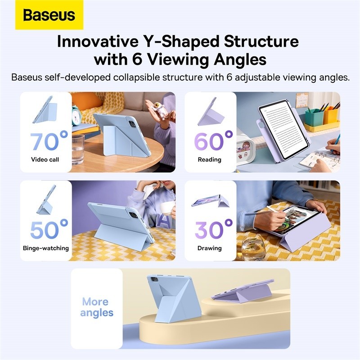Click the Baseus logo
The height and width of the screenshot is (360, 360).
tap(49, 15)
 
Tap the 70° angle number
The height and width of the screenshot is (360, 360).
tap(49, 141)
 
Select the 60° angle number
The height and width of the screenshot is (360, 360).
tap(213, 141)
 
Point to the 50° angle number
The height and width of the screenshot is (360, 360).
tap(49, 229)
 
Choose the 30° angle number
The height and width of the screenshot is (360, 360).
tap(213, 229)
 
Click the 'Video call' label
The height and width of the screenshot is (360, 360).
tap(45, 160)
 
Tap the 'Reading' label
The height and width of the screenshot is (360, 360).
tap(210, 160)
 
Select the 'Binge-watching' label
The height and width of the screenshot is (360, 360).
tap(46, 248)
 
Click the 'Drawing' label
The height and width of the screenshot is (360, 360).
tap(210, 248)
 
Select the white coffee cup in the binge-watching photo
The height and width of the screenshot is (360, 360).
tap(166, 208)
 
